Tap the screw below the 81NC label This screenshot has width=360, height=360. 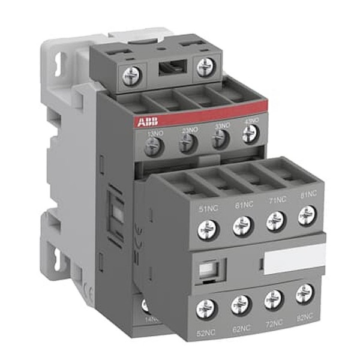tap(307, 213)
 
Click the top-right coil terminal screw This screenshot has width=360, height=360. tap(206, 65)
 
